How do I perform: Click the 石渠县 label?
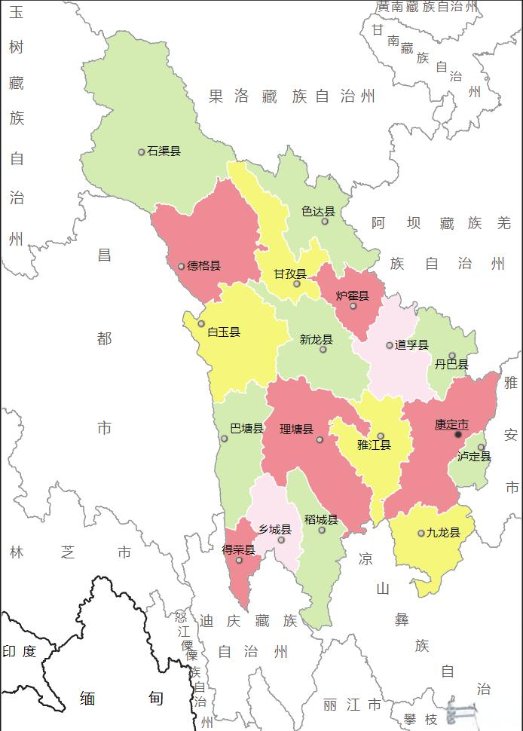tap(164, 151)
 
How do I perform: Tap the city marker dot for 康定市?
tap(458, 434)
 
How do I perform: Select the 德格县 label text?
tap(203, 266)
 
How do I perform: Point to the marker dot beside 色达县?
tap(325, 221)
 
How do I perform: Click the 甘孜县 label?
tap(290, 274)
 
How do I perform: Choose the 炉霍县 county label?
tap(353, 295)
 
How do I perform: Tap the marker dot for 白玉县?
tap(201, 323)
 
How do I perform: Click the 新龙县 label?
tap(317, 340)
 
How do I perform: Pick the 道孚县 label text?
tap(411, 345)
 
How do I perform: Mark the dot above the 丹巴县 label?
tap(452, 356)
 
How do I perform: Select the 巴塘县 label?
tap(246, 429)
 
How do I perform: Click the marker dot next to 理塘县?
tap(320, 439)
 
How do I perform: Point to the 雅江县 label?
tap(375, 445)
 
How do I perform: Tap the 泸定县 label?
tap(474, 457)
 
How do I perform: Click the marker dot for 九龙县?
tap(421, 534)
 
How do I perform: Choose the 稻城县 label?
tap(321, 520)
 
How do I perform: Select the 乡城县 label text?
tap(274, 530)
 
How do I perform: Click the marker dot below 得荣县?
tap(239, 560)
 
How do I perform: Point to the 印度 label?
tap(20, 651)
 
